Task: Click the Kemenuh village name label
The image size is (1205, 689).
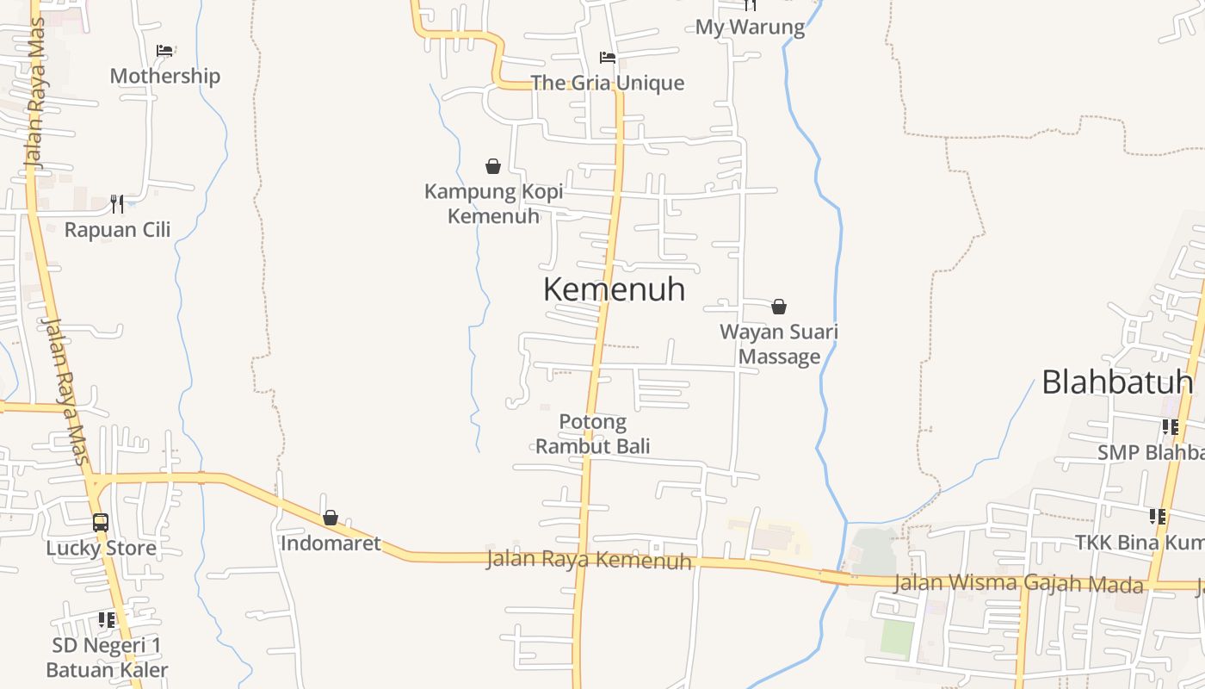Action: pyautogui.click(x=614, y=289)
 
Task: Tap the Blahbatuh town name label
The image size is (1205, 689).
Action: pyautogui.click(x=1116, y=382)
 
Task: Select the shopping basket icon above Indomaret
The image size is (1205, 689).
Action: pyautogui.click(x=331, y=518)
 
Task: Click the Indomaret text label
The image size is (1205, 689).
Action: pyautogui.click(x=331, y=543)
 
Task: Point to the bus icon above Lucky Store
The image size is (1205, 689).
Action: pyautogui.click(x=101, y=522)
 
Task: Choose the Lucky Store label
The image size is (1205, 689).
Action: pyautogui.click(x=101, y=548)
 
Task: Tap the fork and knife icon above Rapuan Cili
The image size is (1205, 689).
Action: pyautogui.click(x=117, y=204)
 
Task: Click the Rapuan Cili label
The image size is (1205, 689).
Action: pyautogui.click(x=117, y=230)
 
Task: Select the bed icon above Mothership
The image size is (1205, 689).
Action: pyautogui.click(x=164, y=51)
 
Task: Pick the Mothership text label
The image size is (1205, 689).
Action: pyautogui.click(x=164, y=76)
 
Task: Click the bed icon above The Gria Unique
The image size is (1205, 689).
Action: pyautogui.click(x=608, y=58)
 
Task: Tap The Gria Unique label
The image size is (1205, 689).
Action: pyautogui.click(x=608, y=83)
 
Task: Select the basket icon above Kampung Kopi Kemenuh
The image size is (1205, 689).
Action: pyautogui.click(x=493, y=166)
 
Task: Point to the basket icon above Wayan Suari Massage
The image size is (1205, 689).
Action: pyautogui.click(x=779, y=307)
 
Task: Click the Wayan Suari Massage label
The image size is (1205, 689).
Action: pyautogui.click(x=779, y=344)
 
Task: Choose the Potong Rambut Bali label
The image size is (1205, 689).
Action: pyautogui.click(x=592, y=433)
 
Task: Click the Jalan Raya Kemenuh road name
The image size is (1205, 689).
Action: pyautogui.click(x=589, y=560)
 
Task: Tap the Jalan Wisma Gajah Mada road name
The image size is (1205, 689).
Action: pyautogui.click(x=1018, y=583)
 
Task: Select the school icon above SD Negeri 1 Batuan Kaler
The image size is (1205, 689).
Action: pyautogui.click(x=107, y=619)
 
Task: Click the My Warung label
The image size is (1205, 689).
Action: pyautogui.click(x=750, y=27)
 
